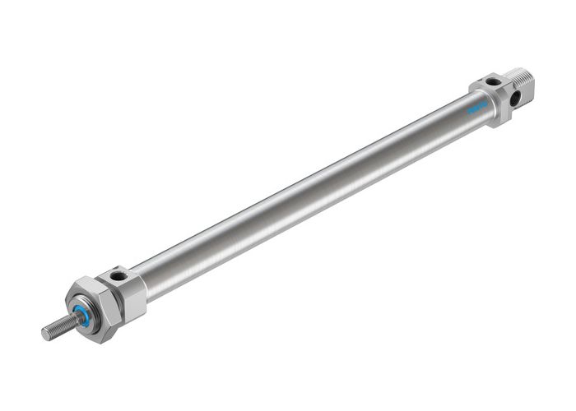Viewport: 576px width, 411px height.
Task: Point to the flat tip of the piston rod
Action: (45, 334)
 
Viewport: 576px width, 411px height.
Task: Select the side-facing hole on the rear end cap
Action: (514, 98)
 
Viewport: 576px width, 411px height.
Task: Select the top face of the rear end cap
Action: (490, 82)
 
